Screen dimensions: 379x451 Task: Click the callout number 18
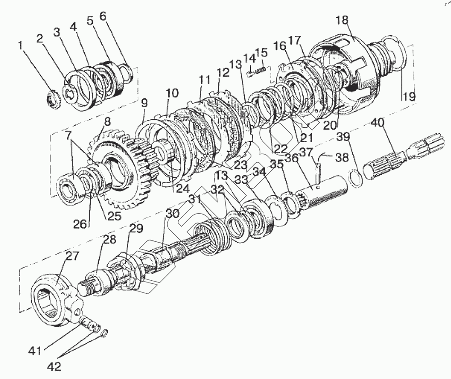[x=345, y=20]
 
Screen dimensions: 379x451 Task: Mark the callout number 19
[x=409, y=96]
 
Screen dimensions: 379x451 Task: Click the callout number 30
[x=172, y=214]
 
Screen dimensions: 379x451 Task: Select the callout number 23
[x=240, y=164]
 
